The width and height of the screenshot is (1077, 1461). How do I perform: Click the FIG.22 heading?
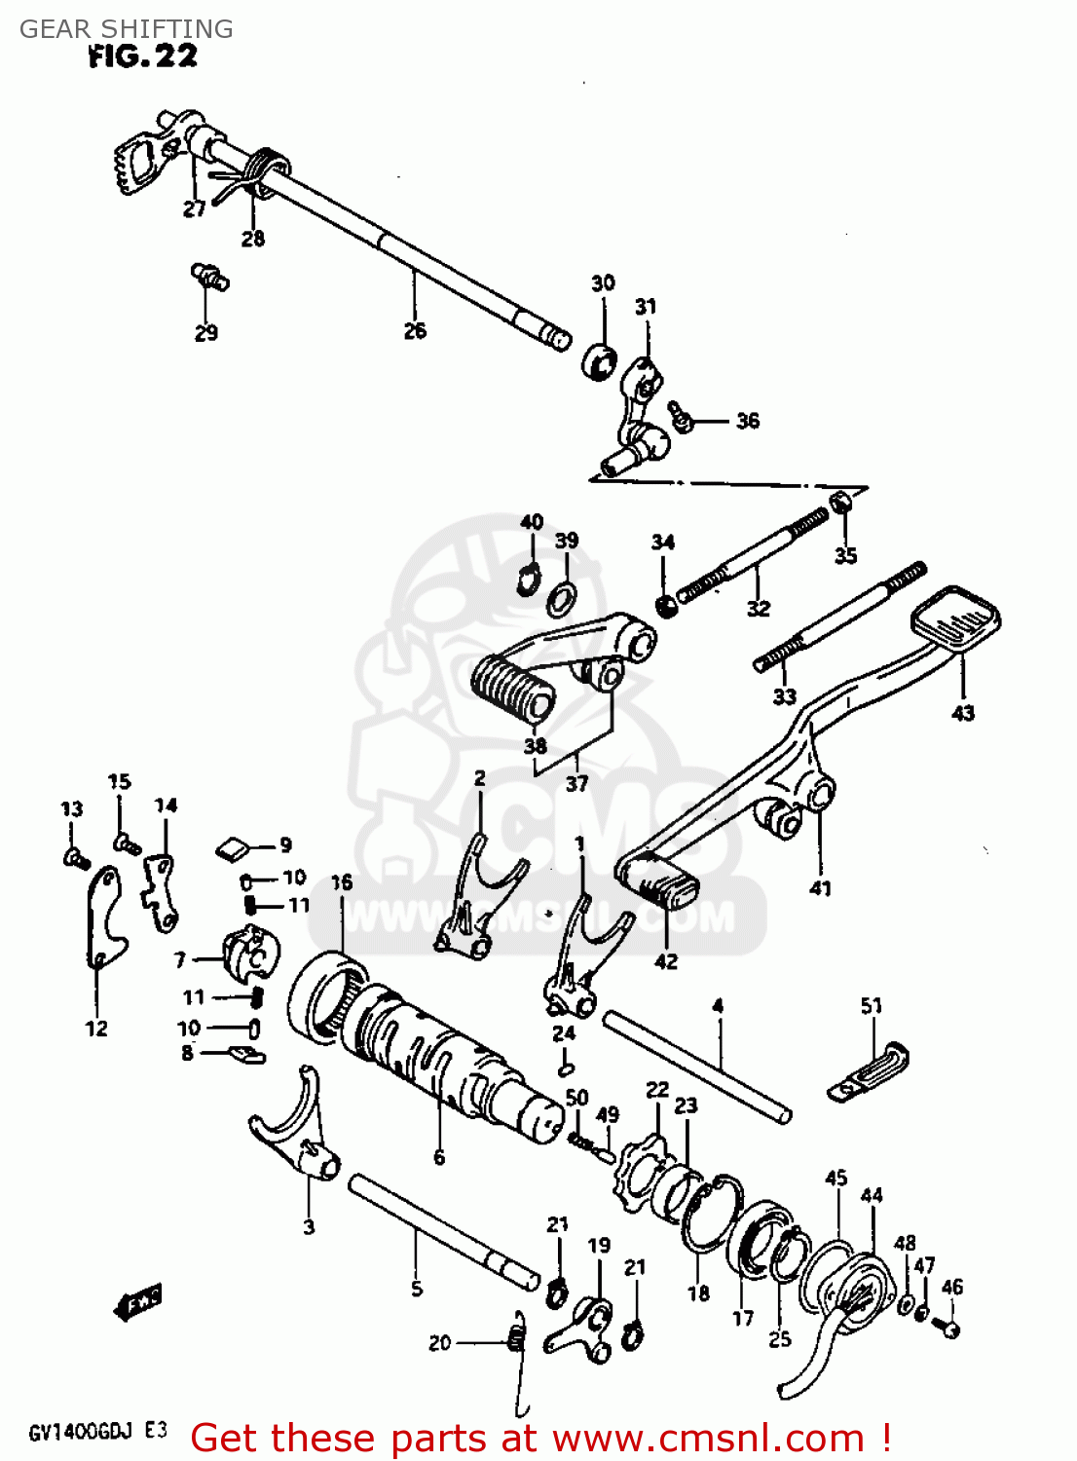[142, 56]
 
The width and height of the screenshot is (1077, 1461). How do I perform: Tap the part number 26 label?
[415, 331]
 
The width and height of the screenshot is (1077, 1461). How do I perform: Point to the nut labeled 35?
[839, 503]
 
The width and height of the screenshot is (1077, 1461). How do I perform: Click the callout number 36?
[747, 421]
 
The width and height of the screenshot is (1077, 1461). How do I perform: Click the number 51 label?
[871, 1005]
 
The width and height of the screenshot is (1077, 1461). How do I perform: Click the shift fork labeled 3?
[292, 1135]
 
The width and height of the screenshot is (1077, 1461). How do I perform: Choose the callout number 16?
[341, 882]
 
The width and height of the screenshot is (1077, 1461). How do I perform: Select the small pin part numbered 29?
[208, 276]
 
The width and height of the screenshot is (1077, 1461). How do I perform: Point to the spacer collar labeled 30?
[599, 360]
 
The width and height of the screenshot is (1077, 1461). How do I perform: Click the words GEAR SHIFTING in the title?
[127, 28]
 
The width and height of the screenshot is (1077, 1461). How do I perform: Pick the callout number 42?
[665, 961]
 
